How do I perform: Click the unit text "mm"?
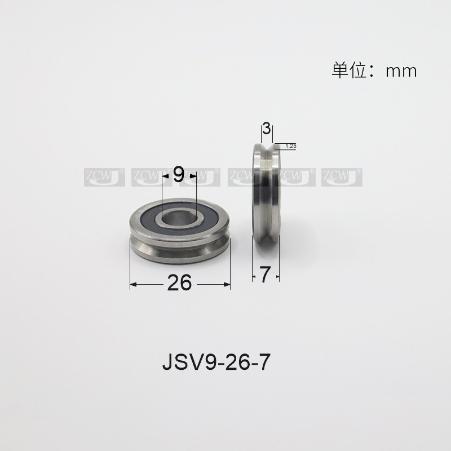point(401,71)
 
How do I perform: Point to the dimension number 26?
point(180,283)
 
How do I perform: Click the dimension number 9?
point(179,175)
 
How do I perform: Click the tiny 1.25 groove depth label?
point(291,146)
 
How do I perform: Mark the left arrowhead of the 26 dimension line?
point(133,283)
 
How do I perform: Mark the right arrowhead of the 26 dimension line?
point(228,283)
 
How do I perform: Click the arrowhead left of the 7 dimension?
point(254,275)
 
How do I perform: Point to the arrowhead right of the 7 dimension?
point(277,275)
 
